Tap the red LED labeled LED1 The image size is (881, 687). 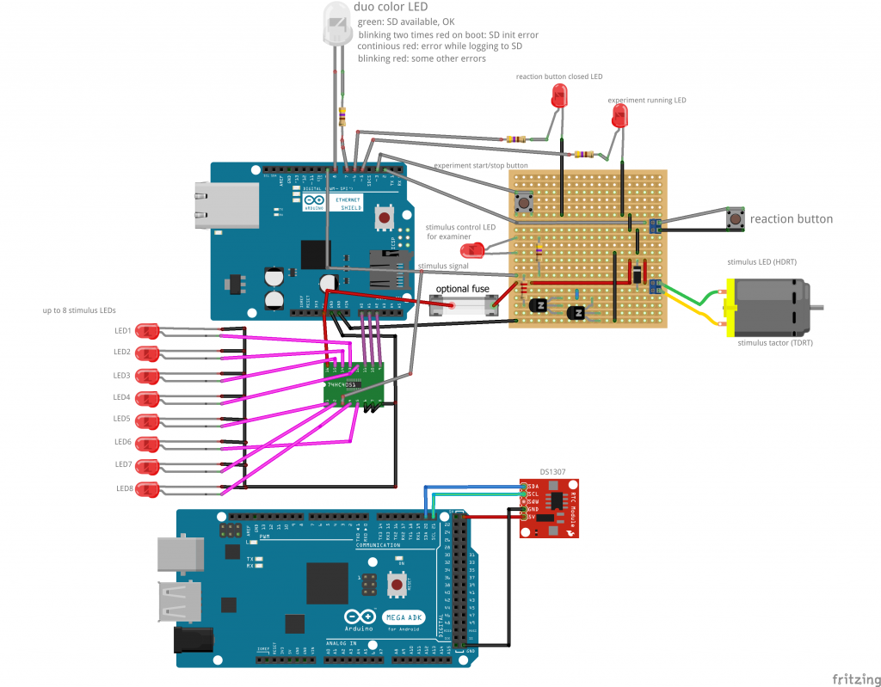point(148,331)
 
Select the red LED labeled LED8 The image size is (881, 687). point(148,489)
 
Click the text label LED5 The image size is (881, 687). point(122,420)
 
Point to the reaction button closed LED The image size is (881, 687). point(560,96)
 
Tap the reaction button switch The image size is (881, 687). point(736,219)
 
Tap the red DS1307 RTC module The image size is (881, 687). point(549,507)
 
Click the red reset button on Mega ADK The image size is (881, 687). point(397,586)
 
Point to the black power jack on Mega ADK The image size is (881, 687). point(191,640)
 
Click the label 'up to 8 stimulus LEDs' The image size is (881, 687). point(79,310)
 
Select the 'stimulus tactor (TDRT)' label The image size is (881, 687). point(775,342)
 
